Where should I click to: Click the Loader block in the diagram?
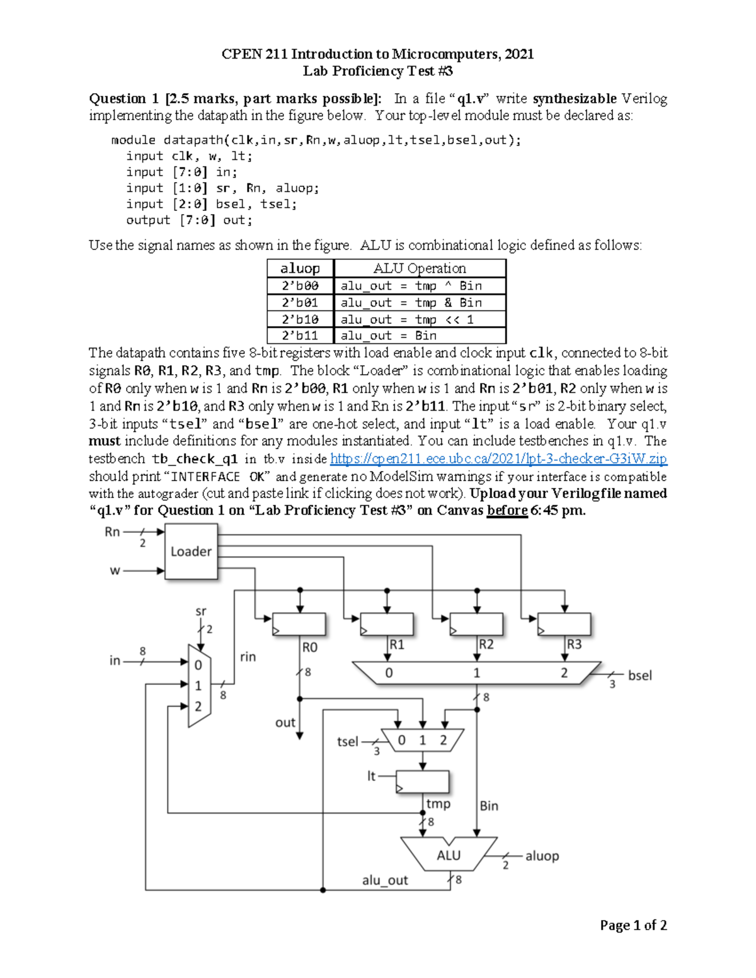(x=191, y=552)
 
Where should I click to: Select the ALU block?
(x=449, y=855)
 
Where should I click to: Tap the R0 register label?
(x=310, y=647)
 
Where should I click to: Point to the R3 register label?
(x=574, y=644)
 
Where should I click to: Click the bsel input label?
(x=639, y=675)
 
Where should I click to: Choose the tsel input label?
(x=348, y=742)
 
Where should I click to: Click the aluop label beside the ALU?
(x=542, y=856)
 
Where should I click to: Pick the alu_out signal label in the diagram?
(x=385, y=880)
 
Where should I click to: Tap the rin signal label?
(x=248, y=657)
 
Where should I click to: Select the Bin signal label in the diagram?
(x=489, y=805)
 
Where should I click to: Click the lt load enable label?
(x=372, y=776)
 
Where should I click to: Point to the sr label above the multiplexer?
(x=200, y=611)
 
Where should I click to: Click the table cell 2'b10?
(x=300, y=319)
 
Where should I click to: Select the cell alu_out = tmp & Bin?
(x=411, y=303)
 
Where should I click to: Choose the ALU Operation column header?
(x=420, y=268)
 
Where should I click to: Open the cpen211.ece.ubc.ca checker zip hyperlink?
(x=498, y=459)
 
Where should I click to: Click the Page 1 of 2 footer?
(x=633, y=925)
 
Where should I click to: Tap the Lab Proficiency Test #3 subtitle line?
(x=377, y=71)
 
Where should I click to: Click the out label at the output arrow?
(x=285, y=722)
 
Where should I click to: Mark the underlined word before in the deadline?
(x=507, y=511)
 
